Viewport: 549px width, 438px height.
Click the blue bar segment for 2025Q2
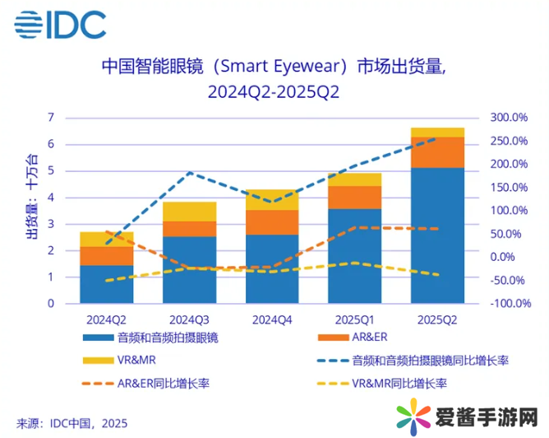tap(437, 235)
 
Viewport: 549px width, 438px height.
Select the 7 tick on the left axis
tap(51, 118)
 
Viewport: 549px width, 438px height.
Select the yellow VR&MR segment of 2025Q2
tap(437, 133)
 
